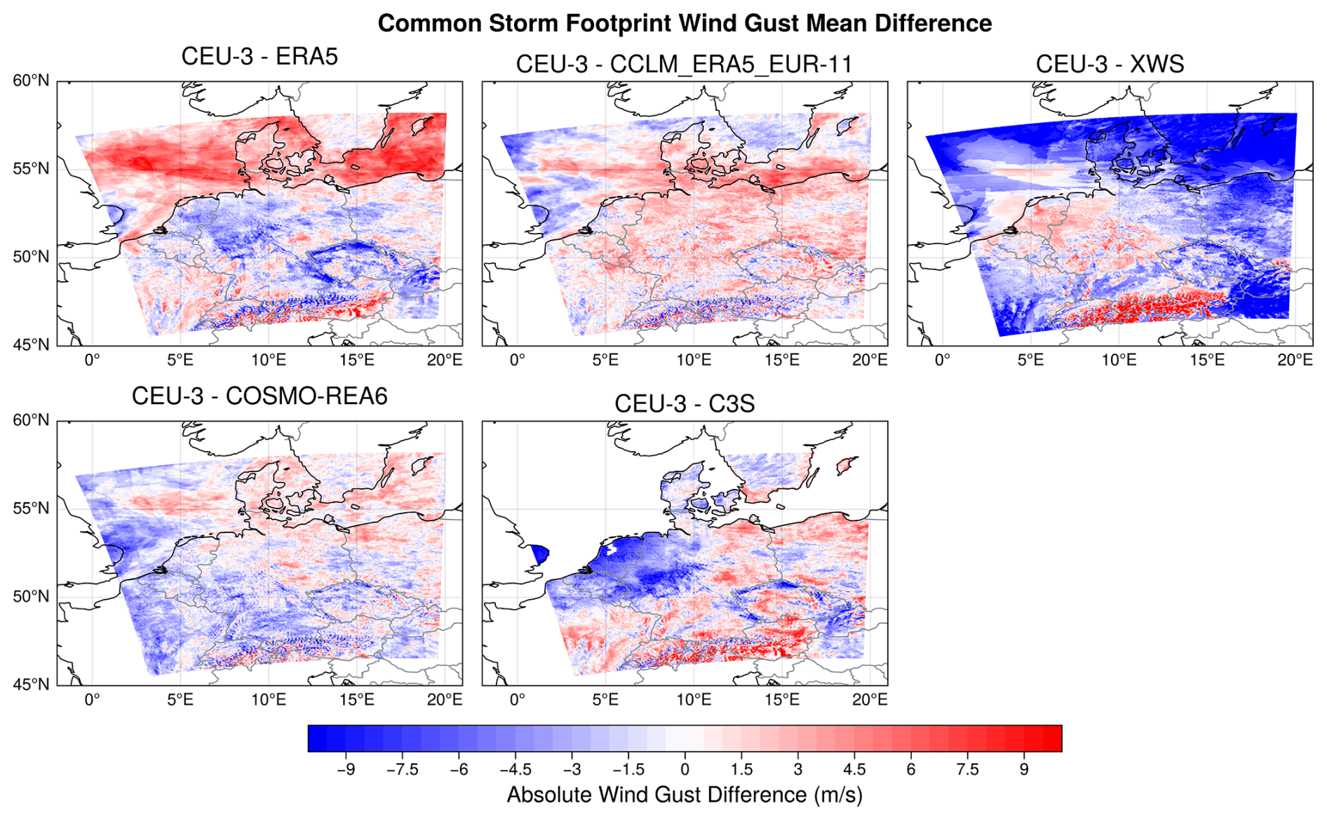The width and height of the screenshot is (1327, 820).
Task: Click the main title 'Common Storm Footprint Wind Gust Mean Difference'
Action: click(685, 23)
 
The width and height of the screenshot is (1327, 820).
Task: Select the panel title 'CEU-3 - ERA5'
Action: click(260, 56)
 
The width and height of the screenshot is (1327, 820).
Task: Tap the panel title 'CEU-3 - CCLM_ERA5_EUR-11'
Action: click(684, 64)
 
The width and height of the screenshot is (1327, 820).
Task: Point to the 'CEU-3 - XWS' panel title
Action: click(1110, 64)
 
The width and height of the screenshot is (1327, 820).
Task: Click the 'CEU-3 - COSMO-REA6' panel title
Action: click(260, 396)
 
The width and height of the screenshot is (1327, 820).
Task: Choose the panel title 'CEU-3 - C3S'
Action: click(685, 403)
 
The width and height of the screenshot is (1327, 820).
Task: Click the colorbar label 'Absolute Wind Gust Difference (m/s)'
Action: click(685, 795)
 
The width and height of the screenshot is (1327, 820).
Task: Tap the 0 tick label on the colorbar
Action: click(685, 769)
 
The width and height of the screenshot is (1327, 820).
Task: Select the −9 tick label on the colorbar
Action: click(345, 769)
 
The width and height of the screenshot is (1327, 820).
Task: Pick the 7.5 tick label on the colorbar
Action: click(967, 769)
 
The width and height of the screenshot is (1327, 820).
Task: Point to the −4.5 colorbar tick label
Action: click(515, 769)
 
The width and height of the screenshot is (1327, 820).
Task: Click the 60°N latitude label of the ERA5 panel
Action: click(31, 81)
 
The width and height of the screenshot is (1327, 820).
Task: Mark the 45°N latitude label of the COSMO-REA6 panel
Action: click(31, 685)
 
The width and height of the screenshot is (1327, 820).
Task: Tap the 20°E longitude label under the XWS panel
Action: click(1295, 360)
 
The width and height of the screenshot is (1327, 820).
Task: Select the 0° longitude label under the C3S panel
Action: click(517, 699)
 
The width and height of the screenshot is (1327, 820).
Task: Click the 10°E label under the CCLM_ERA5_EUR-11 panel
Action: click(694, 360)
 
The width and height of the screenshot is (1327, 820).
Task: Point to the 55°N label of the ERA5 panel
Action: click(31, 169)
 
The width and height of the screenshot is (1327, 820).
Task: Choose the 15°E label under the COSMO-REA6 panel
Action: click(356, 699)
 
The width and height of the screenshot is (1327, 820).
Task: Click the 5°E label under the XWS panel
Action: click(1030, 360)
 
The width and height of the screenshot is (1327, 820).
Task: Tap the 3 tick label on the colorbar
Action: click(797, 769)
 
